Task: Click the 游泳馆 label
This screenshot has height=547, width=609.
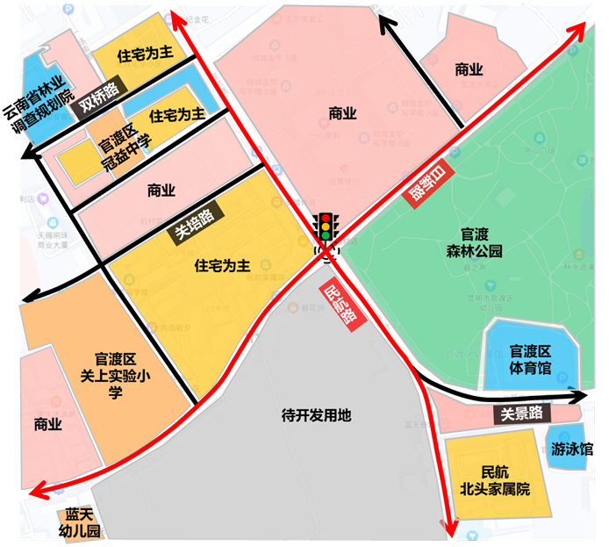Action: coord(571,449)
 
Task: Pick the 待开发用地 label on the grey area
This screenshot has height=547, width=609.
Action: coord(315,414)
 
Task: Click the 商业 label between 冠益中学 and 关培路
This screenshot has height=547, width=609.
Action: coord(161,190)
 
